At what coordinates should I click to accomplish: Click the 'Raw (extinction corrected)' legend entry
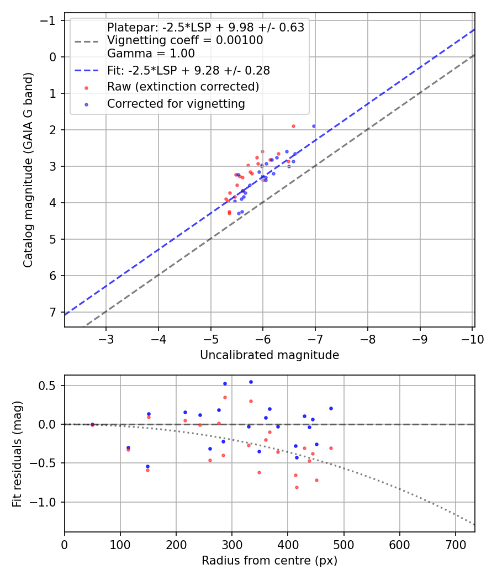183,87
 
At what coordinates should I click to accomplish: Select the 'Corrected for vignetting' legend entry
176,103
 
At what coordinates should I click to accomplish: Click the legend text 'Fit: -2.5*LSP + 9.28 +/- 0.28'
188,71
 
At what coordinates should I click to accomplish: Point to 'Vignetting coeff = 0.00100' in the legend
185,40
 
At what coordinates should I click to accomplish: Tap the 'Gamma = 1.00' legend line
151,54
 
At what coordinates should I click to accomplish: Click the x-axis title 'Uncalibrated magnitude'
269,355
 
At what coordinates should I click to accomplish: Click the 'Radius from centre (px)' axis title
269,561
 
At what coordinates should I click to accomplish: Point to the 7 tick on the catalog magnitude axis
54,312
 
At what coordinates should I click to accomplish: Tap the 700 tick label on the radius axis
455,545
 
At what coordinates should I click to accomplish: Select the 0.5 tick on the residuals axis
51,386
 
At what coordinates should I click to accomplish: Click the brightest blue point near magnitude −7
314,126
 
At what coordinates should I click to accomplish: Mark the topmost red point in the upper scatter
293,126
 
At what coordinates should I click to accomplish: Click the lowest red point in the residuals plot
297,487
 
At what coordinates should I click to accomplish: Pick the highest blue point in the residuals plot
251,382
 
